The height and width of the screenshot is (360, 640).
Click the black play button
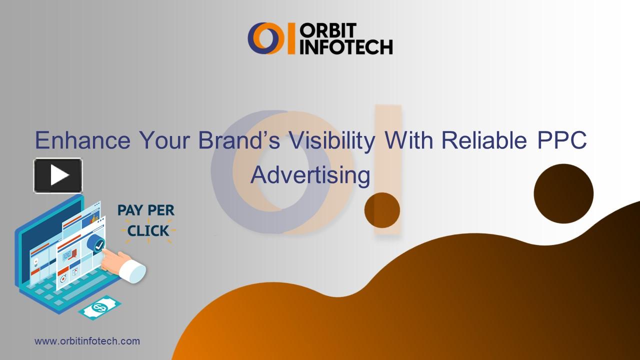[x=58, y=175]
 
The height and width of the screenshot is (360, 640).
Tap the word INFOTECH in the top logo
[x=346, y=46]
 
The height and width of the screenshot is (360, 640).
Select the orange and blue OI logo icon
[x=271, y=38]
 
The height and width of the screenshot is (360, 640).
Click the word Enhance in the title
[x=82, y=140]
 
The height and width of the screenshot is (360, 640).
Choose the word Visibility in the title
[x=330, y=140]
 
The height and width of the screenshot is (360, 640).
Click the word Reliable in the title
[x=484, y=140]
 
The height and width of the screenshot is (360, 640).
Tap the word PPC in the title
[x=561, y=140]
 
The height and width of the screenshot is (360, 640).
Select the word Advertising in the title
[x=310, y=175]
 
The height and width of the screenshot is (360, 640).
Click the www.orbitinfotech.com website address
[x=87, y=341]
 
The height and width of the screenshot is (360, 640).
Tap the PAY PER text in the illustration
[x=146, y=210]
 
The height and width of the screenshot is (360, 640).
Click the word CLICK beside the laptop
[x=148, y=231]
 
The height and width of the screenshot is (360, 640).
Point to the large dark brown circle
[x=563, y=194]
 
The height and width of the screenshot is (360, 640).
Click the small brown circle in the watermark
[x=382, y=210]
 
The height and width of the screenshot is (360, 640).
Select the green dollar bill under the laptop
[x=100, y=307]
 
